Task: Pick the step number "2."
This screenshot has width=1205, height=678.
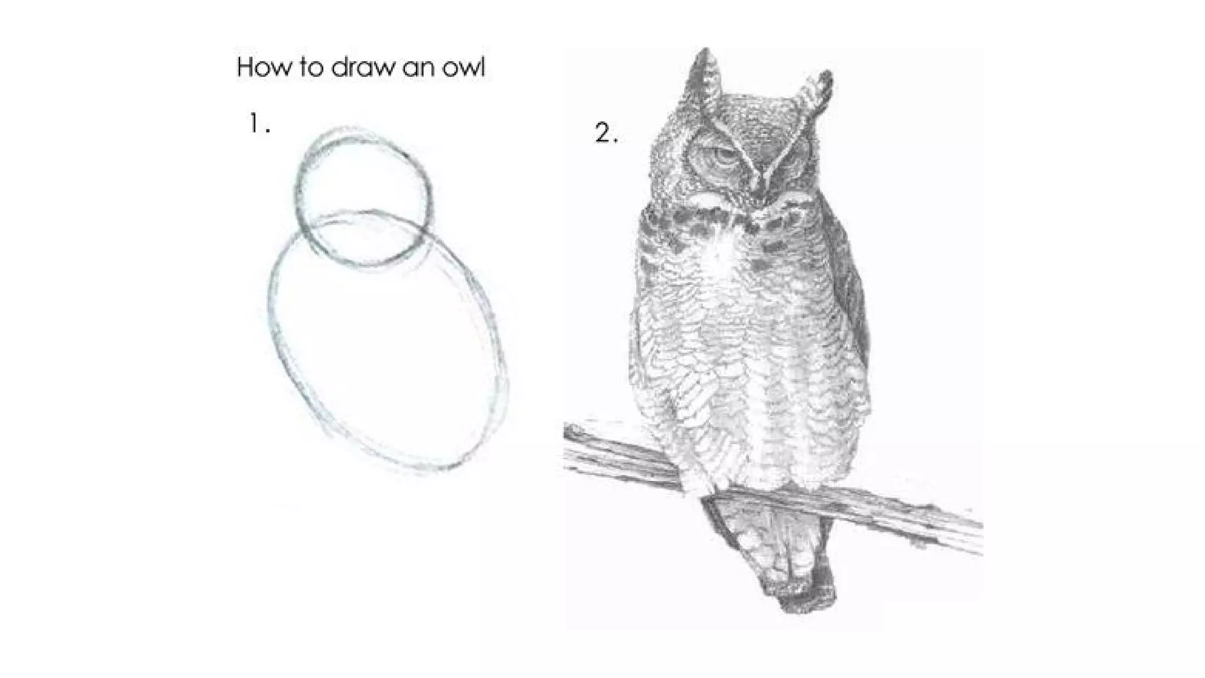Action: (x=606, y=133)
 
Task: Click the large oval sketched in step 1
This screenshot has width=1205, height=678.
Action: (x=271, y=330)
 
